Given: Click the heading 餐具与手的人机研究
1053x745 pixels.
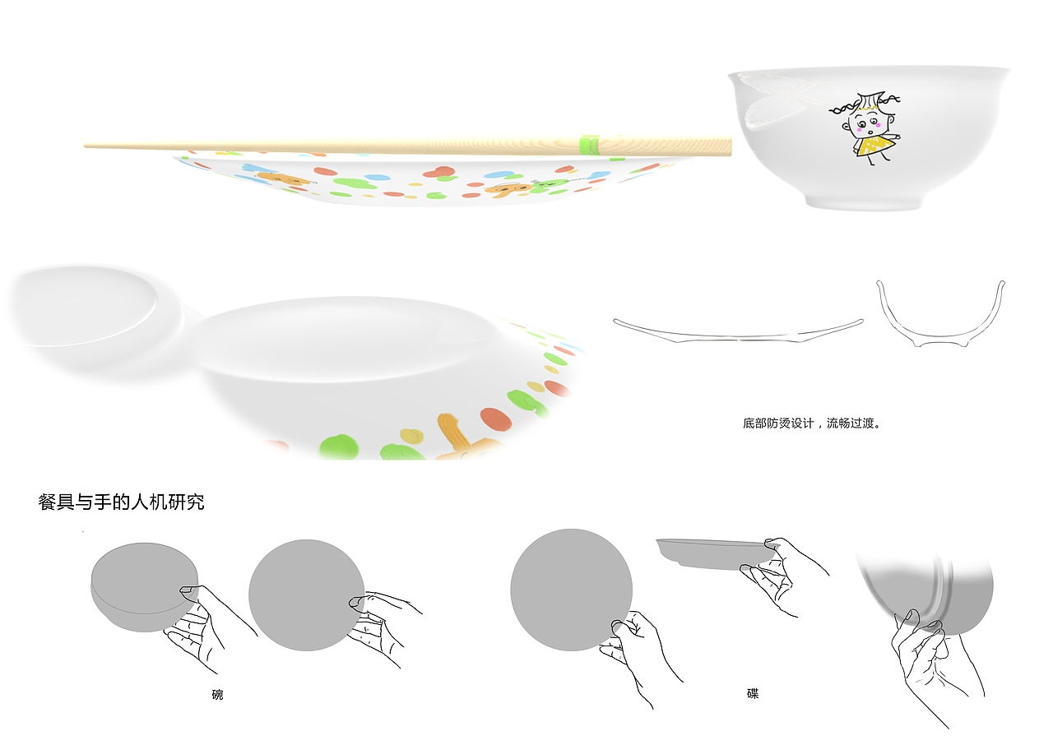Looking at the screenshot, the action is point(121,502).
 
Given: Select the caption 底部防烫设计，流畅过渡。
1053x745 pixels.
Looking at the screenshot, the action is point(812,423).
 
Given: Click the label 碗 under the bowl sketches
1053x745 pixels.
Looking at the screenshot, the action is point(217,694).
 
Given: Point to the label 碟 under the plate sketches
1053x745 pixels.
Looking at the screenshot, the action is point(753,693).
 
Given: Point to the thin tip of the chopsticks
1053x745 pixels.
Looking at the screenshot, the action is point(86,146).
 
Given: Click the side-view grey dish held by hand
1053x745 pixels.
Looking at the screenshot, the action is point(715,554).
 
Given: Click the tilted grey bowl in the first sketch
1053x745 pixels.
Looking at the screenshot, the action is point(144,587).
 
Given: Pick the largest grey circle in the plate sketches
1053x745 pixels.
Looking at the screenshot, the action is point(571,590).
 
